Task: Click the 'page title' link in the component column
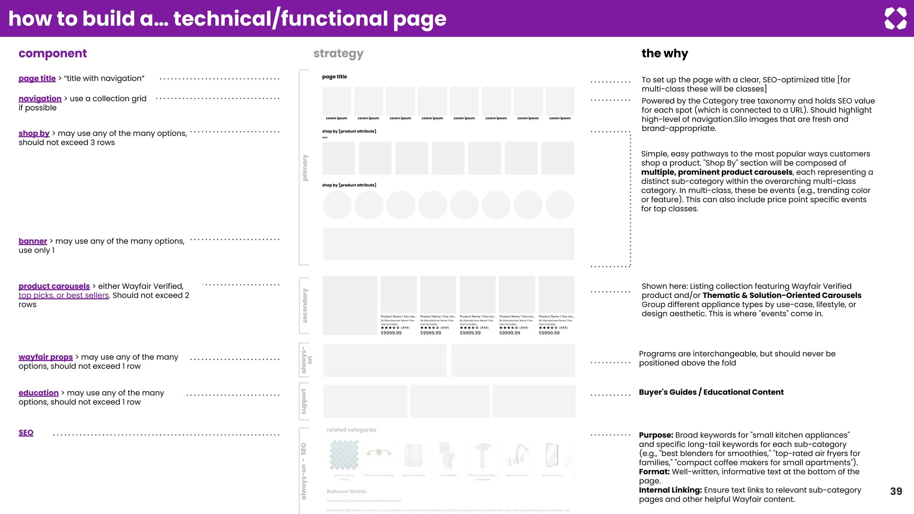(x=37, y=79)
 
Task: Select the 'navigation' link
(x=40, y=99)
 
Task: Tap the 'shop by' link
(x=34, y=133)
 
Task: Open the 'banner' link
(x=33, y=241)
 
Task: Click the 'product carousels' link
(x=54, y=286)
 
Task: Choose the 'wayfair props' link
(x=46, y=357)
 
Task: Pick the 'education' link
(x=38, y=393)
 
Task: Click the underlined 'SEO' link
(x=26, y=433)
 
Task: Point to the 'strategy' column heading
(x=338, y=54)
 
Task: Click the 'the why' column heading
(x=665, y=54)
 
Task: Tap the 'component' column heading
(x=53, y=54)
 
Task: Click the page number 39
(x=896, y=491)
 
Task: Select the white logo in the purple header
(x=895, y=19)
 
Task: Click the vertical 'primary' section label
(x=305, y=167)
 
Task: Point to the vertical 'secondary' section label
(x=305, y=306)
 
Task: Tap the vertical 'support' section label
(x=303, y=401)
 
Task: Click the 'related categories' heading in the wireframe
(x=351, y=430)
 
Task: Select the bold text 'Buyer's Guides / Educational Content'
(x=711, y=392)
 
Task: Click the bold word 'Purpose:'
(x=656, y=435)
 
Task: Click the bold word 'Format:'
(x=654, y=472)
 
